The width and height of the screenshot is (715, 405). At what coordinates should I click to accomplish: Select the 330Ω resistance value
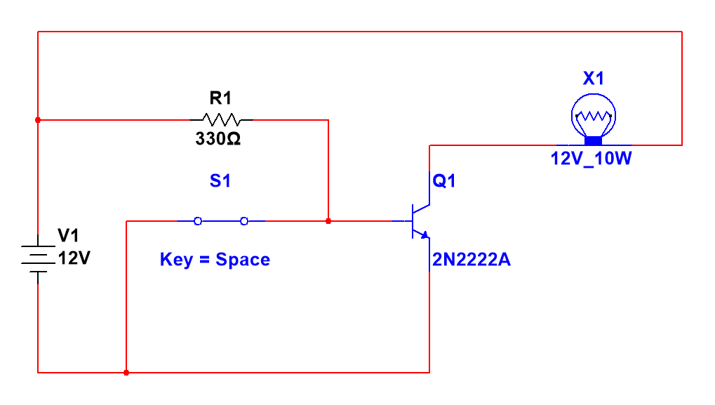(x=218, y=139)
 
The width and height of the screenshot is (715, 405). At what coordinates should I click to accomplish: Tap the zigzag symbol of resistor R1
(x=221, y=119)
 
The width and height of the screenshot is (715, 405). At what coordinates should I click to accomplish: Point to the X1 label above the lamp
(x=594, y=79)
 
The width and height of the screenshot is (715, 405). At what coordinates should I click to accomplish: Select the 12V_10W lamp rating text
(x=592, y=159)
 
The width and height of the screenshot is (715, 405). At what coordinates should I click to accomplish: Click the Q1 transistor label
(x=444, y=181)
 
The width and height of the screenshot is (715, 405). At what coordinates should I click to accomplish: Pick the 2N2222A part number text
(x=472, y=261)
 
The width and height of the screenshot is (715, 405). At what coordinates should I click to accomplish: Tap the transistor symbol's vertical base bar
(x=413, y=221)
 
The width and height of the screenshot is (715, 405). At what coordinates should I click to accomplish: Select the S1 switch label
(x=220, y=181)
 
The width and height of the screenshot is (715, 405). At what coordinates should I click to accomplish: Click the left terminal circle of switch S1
(x=198, y=221)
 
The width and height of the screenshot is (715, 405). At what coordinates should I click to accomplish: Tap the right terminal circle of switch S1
(x=244, y=221)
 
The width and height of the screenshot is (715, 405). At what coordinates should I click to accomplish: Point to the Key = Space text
(x=215, y=260)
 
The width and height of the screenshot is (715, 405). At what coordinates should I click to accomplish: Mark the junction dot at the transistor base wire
(x=328, y=221)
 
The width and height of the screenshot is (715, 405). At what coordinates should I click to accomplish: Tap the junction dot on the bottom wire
(x=126, y=373)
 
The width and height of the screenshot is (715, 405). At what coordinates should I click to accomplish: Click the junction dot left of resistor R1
(x=38, y=120)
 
